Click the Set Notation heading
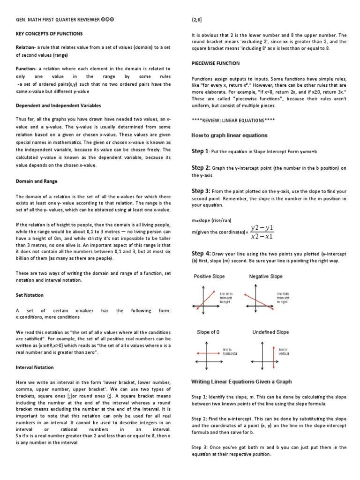30,295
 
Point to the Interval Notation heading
35,367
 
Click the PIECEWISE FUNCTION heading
216,63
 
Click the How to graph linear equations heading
229,135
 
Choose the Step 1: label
201,151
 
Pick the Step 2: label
201,168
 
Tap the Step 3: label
201,191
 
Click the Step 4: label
201,254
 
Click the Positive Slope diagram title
210,277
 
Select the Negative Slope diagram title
266,277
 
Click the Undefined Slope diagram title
270,332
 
